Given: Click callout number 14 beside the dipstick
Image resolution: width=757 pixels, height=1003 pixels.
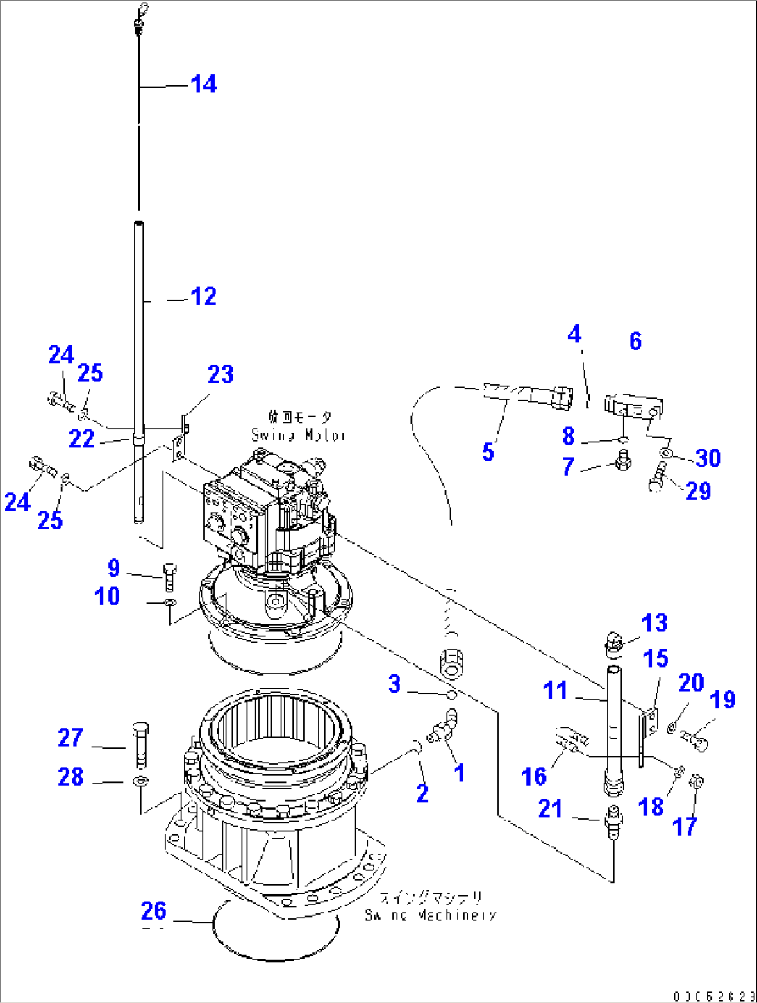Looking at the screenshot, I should (x=203, y=85).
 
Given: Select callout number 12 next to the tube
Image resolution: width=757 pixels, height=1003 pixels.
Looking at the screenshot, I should (x=203, y=297).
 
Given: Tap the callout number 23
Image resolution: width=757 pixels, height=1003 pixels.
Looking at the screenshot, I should (x=220, y=374).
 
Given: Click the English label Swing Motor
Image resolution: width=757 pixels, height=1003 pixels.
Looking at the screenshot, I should (x=298, y=436).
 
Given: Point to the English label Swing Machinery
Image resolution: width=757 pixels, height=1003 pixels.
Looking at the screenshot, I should (x=431, y=915).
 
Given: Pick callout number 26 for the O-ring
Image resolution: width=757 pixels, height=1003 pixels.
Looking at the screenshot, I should (x=153, y=911).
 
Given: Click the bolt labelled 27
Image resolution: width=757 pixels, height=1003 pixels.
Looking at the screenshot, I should (x=140, y=741).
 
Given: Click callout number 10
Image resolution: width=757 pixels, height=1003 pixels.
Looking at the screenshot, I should (x=107, y=596).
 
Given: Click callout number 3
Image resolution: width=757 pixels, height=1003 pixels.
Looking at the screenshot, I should (x=394, y=684).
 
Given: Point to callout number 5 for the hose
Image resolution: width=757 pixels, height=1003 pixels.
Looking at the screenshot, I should (x=488, y=452).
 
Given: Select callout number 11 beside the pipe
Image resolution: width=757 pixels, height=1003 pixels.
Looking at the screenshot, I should (x=555, y=690).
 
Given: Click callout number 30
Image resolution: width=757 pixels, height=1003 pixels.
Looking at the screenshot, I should (x=708, y=458).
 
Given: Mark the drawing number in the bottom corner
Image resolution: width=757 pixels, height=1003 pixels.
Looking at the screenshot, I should (x=713, y=995).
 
